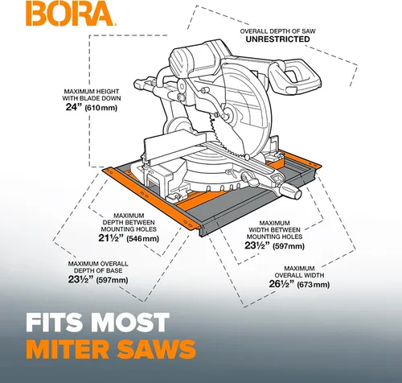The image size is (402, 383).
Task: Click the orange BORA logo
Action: click(x=71, y=14)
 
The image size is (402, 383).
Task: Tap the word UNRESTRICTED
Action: click(x=277, y=39)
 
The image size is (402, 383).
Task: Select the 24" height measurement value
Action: click(x=73, y=107)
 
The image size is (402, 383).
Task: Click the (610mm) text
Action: click(x=100, y=108)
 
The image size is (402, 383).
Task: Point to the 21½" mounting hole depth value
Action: click(x=111, y=237)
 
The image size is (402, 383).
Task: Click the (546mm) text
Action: click(x=142, y=238)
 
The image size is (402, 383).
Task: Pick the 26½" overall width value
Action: click(x=281, y=284)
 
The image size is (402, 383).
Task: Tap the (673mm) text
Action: click(x=314, y=284)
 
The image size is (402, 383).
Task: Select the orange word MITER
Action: click(x=68, y=349)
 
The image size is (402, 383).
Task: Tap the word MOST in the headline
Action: click(x=130, y=322)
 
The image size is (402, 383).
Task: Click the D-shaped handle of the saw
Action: click(x=295, y=76)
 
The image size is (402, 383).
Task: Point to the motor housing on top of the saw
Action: click(x=199, y=58)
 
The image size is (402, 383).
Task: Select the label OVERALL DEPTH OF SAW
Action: click(x=277, y=31)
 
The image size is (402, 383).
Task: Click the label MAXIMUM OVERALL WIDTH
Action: click(x=299, y=272)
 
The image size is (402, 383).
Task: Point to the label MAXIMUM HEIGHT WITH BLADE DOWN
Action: click(x=92, y=95)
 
